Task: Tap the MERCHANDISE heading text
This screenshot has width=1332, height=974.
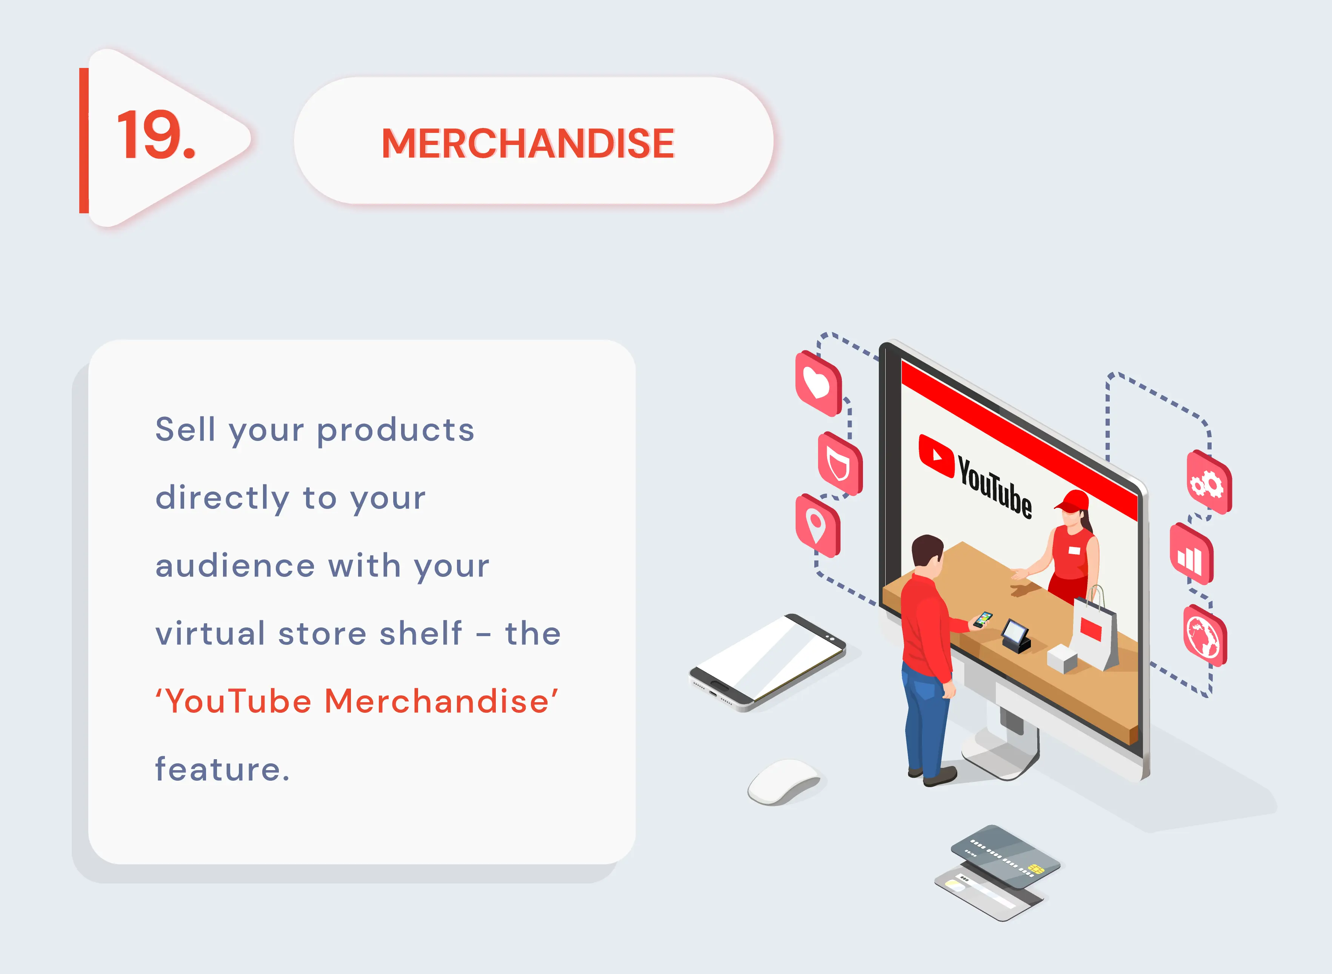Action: pyautogui.click(x=528, y=143)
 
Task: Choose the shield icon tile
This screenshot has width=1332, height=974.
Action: pyautogui.click(x=839, y=464)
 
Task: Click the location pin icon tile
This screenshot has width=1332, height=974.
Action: pyautogui.click(x=817, y=526)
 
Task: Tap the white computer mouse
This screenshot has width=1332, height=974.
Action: pyautogui.click(x=783, y=781)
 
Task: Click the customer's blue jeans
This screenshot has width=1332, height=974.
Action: pyautogui.click(x=925, y=719)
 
